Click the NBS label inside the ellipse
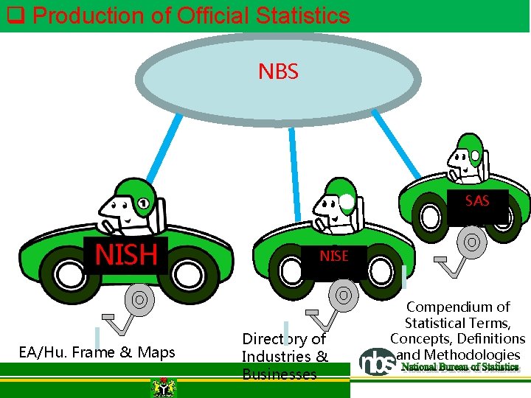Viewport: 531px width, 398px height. coord(278,71)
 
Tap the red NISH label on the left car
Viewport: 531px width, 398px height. coord(125,255)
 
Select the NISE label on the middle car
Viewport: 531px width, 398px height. coord(333,256)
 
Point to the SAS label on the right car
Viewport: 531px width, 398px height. coord(477,201)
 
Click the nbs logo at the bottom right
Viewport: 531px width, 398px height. coord(377,361)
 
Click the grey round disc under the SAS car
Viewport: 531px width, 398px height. coord(471,242)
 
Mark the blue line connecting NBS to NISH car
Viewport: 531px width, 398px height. coord(163,147)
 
